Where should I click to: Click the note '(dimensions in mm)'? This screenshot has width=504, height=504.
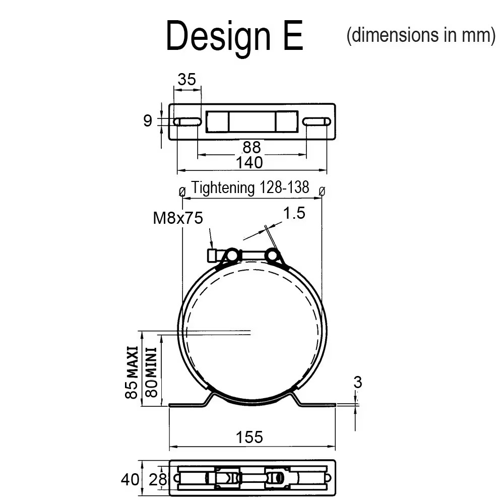click(421, 35)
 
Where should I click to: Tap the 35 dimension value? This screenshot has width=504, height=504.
click(186, 80)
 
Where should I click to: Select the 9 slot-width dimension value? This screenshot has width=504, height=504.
click(148, 121)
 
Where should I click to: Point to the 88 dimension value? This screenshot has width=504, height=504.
click(251, 148)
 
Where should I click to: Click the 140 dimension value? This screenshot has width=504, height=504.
click(249, 163)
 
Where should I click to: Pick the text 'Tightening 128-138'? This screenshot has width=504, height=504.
click(250, 187)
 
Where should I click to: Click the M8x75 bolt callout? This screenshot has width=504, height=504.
click(178, 218)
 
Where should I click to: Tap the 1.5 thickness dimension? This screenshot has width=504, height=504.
click(294, 213)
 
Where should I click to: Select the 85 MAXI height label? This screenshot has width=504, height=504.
click(132, 372)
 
